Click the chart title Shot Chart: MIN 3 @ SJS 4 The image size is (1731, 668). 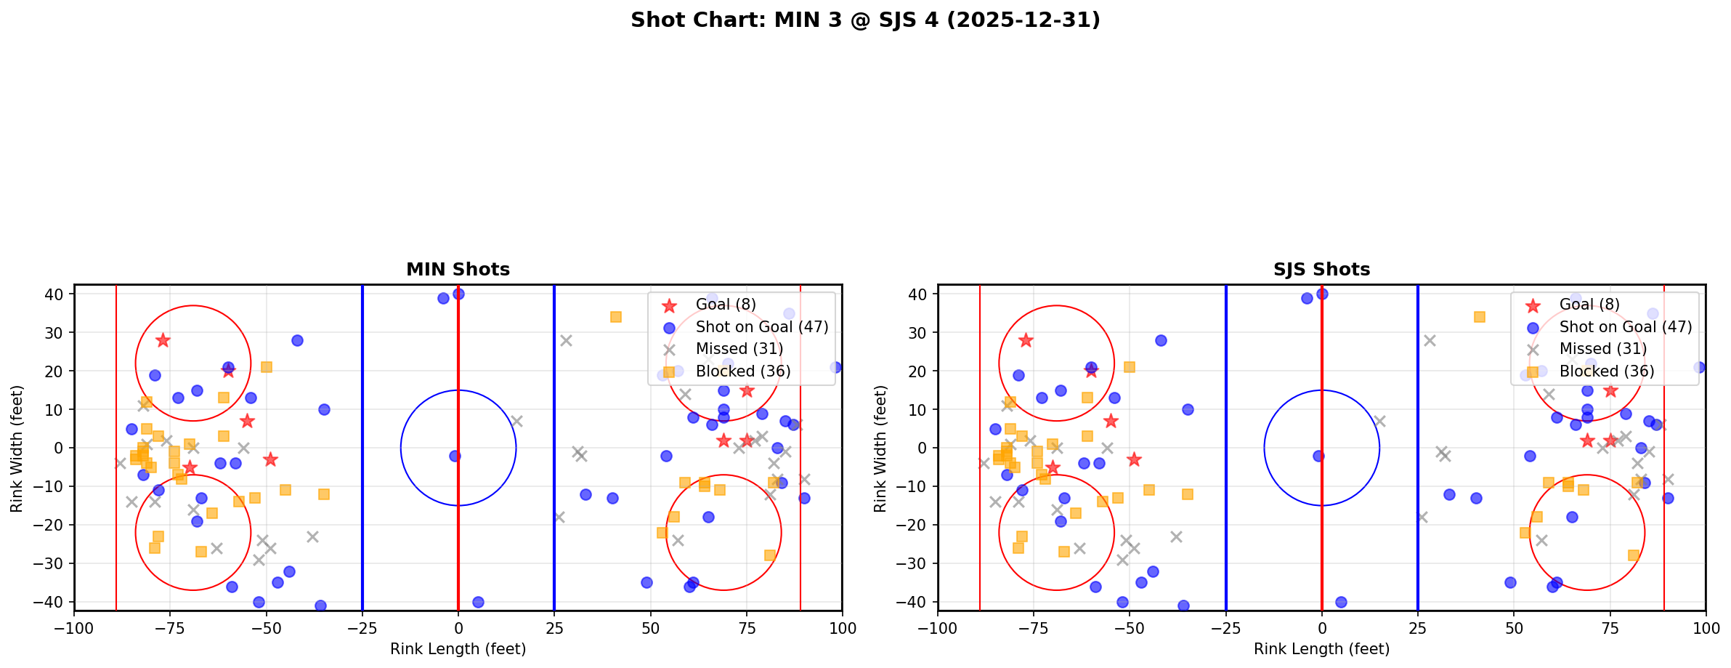pyautogui.click(x=864, y=20)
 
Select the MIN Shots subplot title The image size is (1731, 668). pyautogui.click(x=458, y=270)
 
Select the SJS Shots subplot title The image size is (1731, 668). pyautogui.click(x=1321, y=270)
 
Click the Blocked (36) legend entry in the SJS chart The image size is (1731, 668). pyautogui.click(x=1607, y=371)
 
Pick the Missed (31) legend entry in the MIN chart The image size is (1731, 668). pyautogui.click(x=739, y=349)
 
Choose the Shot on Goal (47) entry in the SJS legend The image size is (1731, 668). pyautogui.click(x=1626, y=327)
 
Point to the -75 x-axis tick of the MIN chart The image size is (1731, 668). pyautogui.click(x=170, y=628)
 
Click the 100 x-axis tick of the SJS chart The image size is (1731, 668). pyautogui.click(x=1705, y=628)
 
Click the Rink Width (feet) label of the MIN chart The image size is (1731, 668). pyautogui.click(x=17, y=448)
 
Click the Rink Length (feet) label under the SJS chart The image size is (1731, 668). pyautogui.click(x=1321, y=649)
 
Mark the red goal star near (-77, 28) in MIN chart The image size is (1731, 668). pyautogui.click(x=163, y=340)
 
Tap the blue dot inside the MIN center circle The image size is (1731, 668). pyautogui.click(x=455, y=456)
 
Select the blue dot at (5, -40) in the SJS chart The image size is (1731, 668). pyautogui.click(x=1341, y=602)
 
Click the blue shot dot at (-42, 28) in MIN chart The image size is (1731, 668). pyautogui.click(x=297, y=340)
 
